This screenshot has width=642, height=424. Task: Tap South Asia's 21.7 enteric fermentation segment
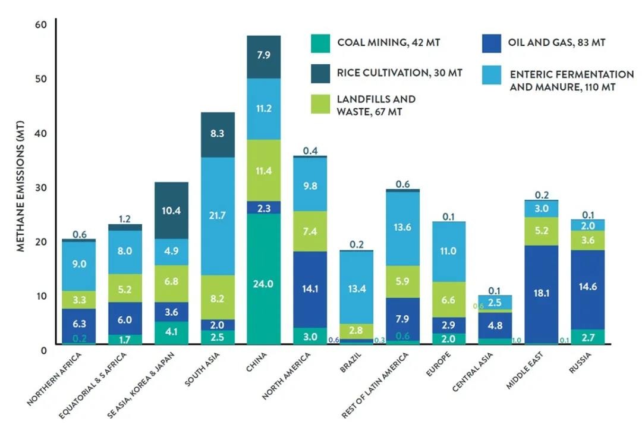217,216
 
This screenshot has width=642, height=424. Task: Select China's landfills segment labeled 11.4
263,171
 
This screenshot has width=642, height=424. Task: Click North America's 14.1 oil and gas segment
310,290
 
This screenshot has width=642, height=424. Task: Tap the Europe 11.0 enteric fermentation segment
448,252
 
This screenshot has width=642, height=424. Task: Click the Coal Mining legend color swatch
320,43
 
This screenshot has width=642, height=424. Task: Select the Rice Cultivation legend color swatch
320,73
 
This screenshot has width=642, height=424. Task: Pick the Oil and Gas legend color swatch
492,43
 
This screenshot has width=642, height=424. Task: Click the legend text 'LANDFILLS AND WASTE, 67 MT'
376,105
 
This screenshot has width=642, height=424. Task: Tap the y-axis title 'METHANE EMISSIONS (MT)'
20,185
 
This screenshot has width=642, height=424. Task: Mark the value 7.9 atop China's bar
263,56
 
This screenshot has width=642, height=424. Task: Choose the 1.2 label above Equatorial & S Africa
124,219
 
